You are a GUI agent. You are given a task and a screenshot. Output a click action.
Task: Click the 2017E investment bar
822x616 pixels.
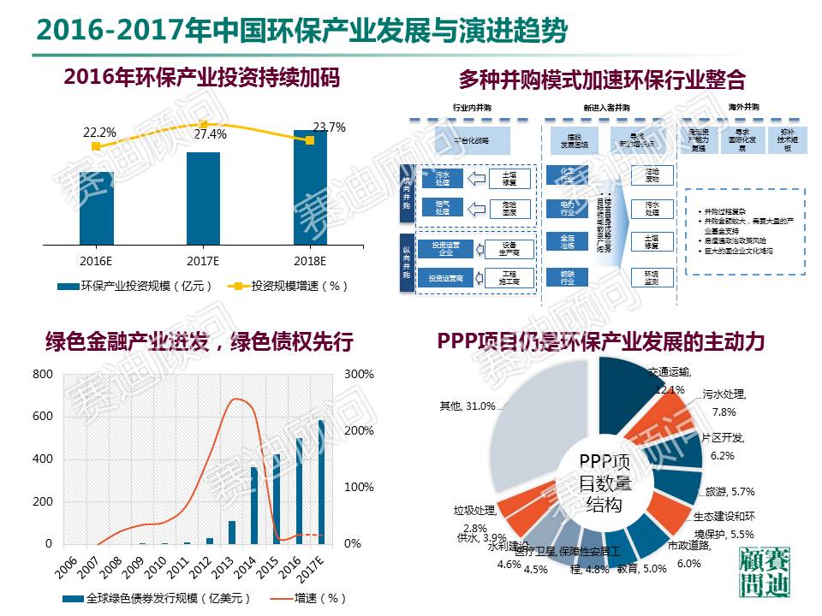(203, 198)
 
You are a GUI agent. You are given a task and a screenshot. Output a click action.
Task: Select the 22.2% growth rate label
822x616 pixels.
(99, 133)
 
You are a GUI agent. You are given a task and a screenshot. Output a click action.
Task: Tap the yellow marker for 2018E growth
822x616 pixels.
(310, 139)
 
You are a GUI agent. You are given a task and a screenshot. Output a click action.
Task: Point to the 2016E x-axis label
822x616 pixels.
(96, 259)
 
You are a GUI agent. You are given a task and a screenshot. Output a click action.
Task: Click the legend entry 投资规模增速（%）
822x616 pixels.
(292, 285)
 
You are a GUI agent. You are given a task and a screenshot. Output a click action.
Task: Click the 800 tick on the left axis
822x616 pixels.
(43, 375)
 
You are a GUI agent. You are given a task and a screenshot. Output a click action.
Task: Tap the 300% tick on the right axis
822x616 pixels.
(360, 375)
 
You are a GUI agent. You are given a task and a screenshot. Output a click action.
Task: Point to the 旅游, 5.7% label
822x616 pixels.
(729, 492)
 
